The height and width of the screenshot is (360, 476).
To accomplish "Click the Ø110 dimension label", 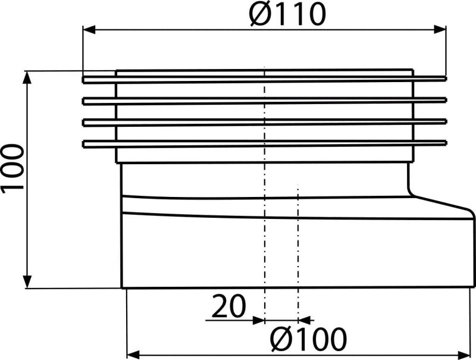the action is pos(287,14).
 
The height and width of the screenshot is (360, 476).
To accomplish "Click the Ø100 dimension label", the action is pos(308,339).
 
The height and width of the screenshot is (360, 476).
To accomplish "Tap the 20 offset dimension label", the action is pos(228,306).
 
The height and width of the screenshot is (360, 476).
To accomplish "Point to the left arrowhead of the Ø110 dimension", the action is pos(89,30).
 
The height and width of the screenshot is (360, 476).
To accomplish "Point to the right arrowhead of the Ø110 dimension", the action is pos(440,29).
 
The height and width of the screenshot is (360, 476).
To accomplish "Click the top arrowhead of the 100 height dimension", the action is pos(27,77).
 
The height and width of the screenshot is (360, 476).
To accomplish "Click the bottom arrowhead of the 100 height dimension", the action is pos(27,282).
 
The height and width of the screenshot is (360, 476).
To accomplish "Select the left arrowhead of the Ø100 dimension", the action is pos(133,355).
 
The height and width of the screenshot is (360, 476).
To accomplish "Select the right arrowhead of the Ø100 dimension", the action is pos(464,355).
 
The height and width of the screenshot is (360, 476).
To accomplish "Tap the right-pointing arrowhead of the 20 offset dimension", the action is pos(259,320).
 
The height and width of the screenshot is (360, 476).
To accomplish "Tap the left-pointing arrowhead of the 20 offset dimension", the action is pos(305,320).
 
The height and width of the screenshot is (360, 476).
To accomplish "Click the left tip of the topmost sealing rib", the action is pos(83,80).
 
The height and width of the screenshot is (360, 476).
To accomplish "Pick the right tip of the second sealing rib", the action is pos(446,100).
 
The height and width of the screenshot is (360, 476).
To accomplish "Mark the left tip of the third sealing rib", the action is pos(83,122).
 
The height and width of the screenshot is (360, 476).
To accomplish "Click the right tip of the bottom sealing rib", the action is pos(446,142).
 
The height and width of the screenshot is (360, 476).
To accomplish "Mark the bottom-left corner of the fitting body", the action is pos(122,287).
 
